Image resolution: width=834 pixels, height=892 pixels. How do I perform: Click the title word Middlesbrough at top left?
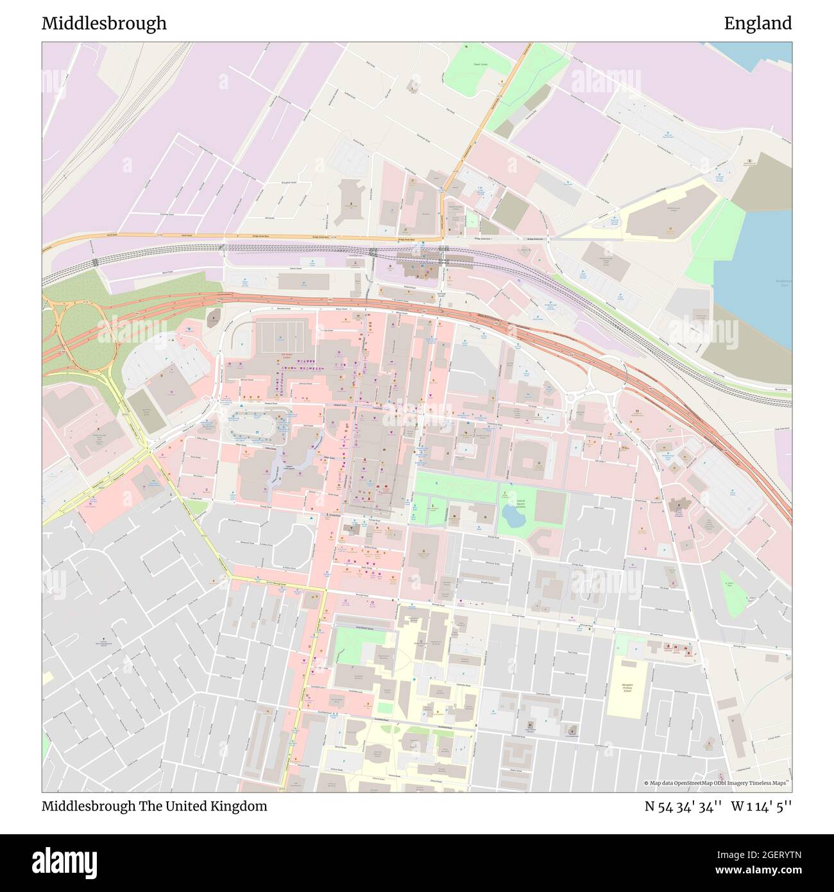coord(104,24)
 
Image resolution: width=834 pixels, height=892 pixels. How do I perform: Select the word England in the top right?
coord(758,24)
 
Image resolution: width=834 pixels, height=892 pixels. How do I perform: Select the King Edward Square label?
coord(363,630)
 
